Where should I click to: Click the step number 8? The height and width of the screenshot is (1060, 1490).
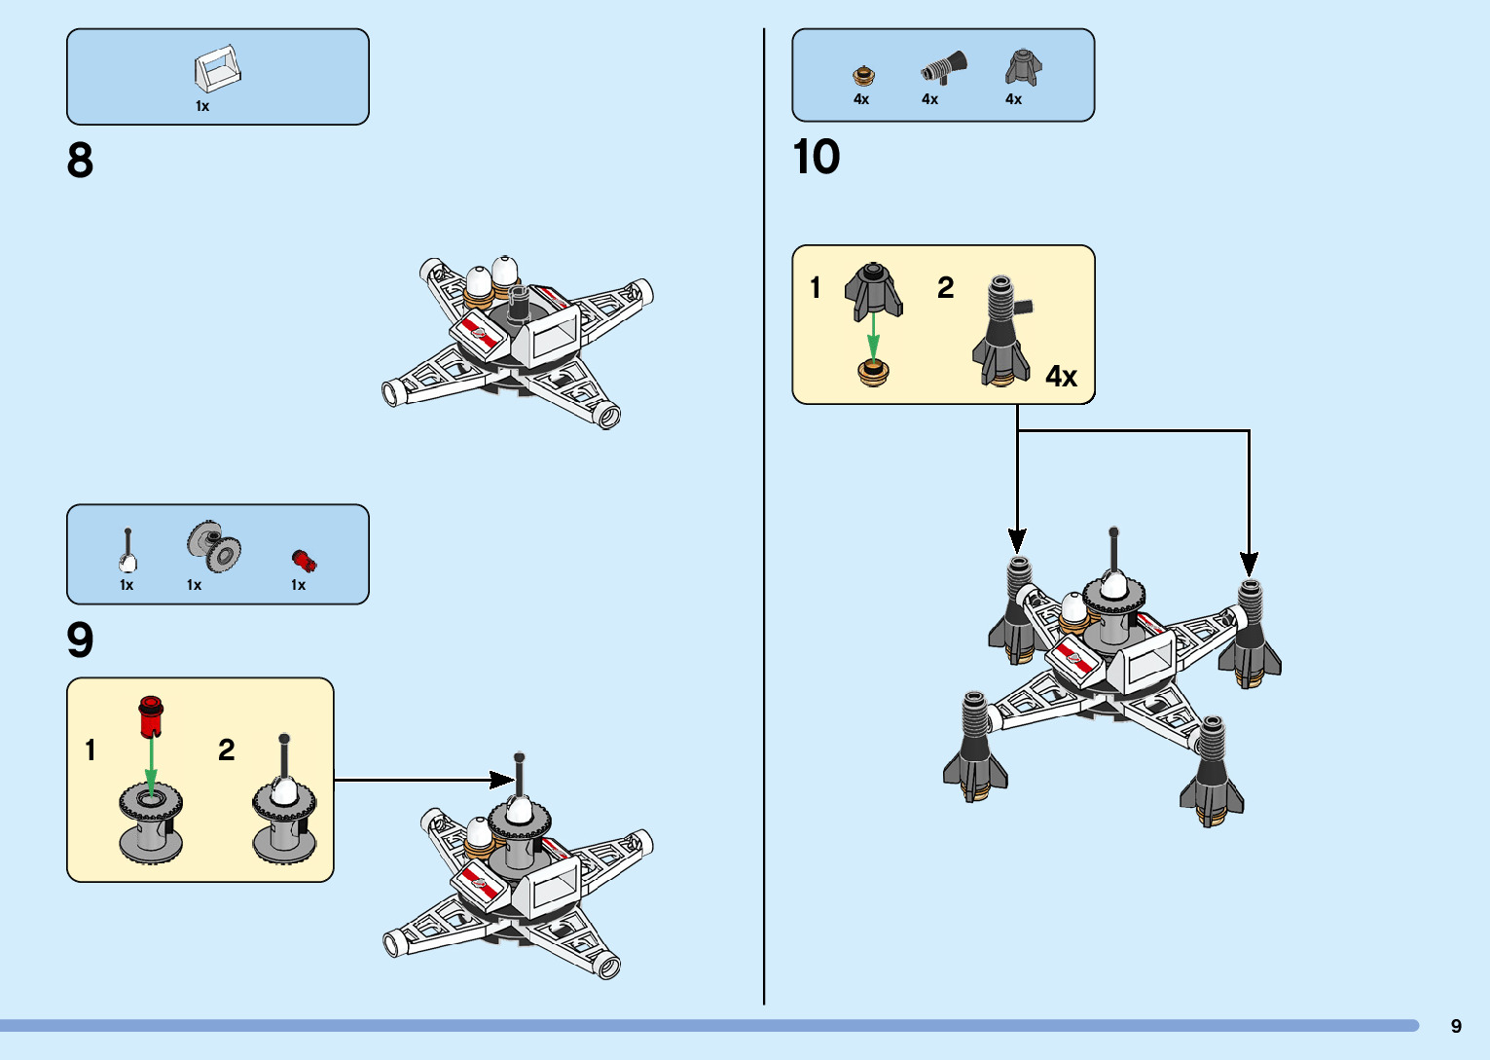coord(80,161)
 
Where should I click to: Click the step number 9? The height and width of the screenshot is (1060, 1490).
coord(80,640)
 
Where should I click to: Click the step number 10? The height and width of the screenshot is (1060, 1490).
coord(816,157)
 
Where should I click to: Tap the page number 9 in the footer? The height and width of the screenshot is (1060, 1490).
coord(1456,1026)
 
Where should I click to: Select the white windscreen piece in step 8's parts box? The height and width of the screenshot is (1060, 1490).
coord(217,69)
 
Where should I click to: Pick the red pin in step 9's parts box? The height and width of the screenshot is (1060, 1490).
coord(304,561)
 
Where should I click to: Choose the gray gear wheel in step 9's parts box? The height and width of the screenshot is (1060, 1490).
coord(214,546)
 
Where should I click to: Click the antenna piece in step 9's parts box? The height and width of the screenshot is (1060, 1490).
coord(127,551)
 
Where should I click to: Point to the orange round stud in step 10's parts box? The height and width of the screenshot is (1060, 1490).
coord(863,75)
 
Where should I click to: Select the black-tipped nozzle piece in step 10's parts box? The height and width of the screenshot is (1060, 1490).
coord(944,68)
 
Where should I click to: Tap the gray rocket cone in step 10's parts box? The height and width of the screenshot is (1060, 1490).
coord(1022,67)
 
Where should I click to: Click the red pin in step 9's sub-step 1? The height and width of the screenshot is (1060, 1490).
coord(150,716)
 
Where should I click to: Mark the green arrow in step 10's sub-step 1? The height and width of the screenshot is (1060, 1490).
coord(874,337)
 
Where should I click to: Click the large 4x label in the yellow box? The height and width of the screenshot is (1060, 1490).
coord(1061,377)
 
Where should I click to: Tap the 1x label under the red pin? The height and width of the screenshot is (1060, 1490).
coord(298,585)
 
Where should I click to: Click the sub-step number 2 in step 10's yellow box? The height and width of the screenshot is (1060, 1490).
coord(945,288)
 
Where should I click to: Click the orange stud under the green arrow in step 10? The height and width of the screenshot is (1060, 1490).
coord(874,372)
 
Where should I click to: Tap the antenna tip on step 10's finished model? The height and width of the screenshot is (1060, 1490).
coord(1113,532)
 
